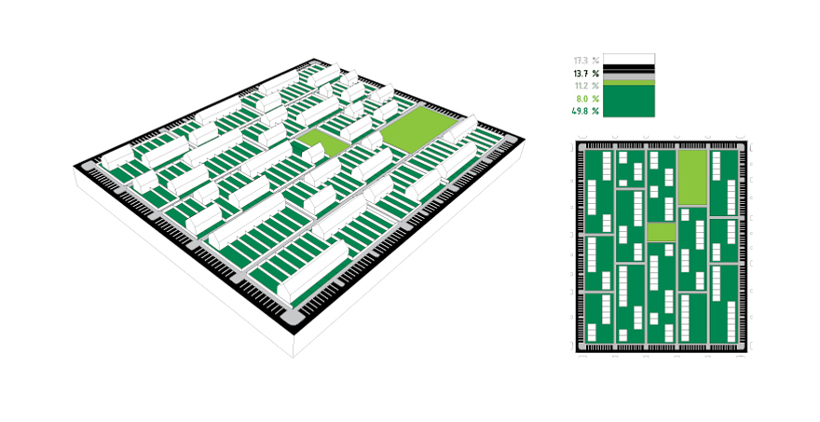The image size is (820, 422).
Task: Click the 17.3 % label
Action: coord(586,61)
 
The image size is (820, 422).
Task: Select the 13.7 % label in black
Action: coord(586,74)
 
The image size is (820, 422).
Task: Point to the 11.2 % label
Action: coord(586,86)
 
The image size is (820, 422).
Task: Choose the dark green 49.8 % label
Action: coord(585,111)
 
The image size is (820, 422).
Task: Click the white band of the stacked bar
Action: coord(629,59)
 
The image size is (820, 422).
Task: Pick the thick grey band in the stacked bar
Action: coord(629,77)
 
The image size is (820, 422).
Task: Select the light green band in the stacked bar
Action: coord(629,83)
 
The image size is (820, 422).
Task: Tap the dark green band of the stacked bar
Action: coord(629,101)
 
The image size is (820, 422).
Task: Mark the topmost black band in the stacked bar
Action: coord(629,66)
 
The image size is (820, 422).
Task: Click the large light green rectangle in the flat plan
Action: coord(692,178)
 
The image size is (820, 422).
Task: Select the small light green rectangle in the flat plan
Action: coord(662,232)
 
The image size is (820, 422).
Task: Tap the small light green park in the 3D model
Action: coord(322,143)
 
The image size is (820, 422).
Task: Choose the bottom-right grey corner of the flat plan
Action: coord(742,347)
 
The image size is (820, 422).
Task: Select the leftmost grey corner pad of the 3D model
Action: coord(87,166)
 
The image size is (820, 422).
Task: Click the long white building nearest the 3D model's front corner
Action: coord(312,271)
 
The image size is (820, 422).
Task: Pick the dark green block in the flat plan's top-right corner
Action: coord(724,183)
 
